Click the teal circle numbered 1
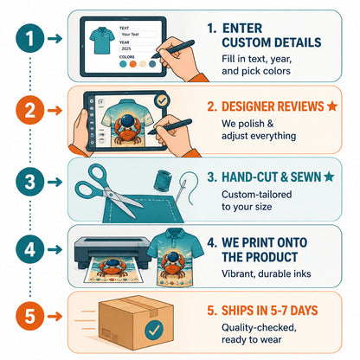click(30, 38)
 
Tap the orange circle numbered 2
click(30, 110)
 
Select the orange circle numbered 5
click(30, 316)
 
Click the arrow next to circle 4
click(55, 249)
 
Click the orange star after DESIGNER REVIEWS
click(332, 106)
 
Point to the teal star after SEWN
click(329, 177)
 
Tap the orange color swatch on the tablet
click(133, 64)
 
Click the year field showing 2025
click(138, 48)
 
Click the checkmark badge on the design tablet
click(162, 100)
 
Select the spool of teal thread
click(163, 181)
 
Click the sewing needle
click(180, 191)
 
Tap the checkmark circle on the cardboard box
click(154, 330)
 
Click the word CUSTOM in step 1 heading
click(247, 42)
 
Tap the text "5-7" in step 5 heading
click(279, 311)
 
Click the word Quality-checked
click(259, 328)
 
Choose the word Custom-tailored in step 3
click(257, 195)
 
